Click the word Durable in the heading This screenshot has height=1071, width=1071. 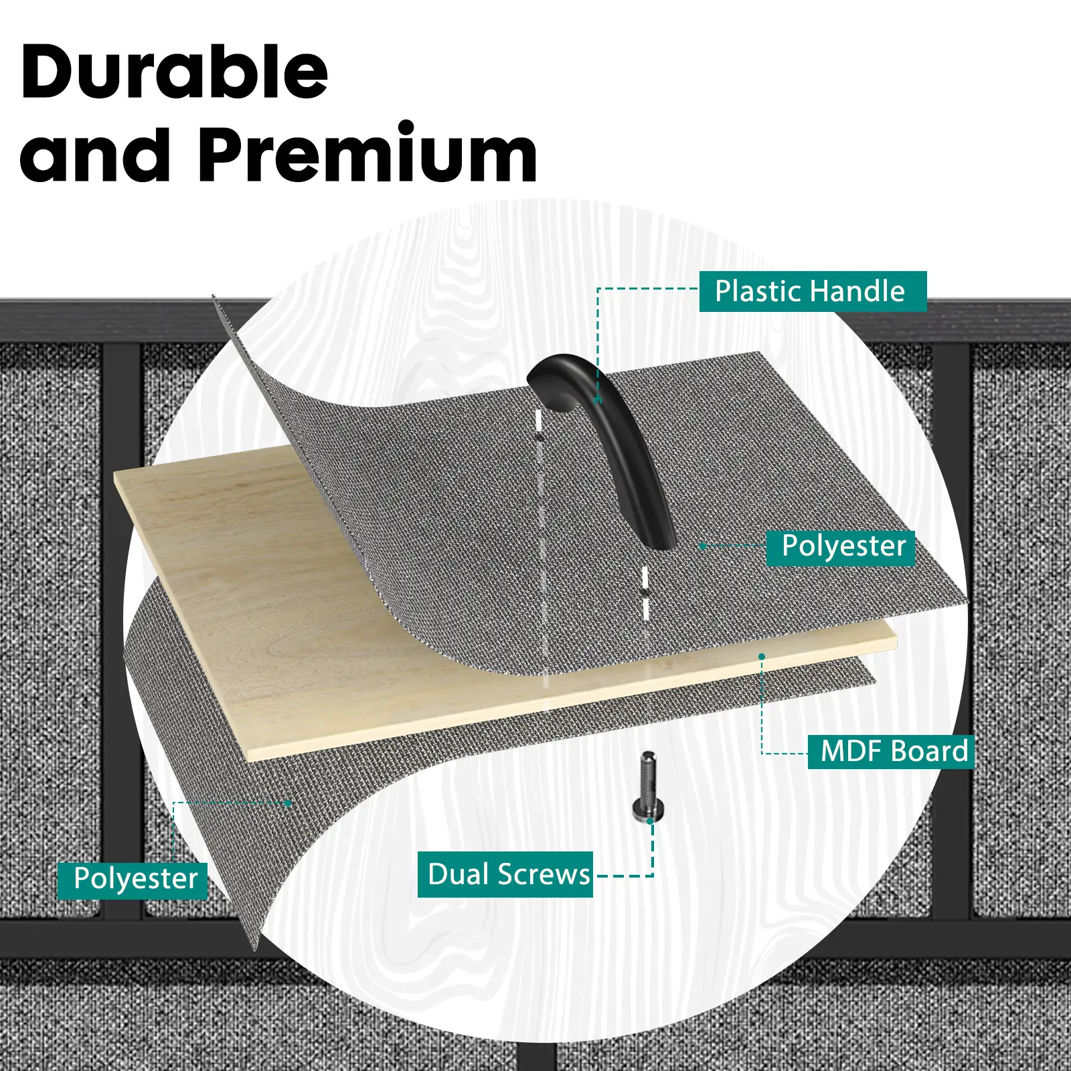coord(175,72)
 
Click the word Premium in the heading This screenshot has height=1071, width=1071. coord(367,155)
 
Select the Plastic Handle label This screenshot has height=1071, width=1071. coord(813,291)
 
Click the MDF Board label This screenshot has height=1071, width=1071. coord(891,751)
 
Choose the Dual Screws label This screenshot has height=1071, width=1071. coord(505,874)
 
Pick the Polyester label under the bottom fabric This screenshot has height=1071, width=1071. coord(133,880)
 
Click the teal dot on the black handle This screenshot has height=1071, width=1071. coord(599,400)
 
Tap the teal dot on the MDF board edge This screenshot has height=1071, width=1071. coord(762,657)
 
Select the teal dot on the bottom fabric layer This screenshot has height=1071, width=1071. coord(288,803)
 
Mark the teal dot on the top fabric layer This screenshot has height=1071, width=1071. coord(703,546)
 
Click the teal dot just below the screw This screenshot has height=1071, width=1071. coord(650,821)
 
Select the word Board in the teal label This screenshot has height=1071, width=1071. coord(930,751)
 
